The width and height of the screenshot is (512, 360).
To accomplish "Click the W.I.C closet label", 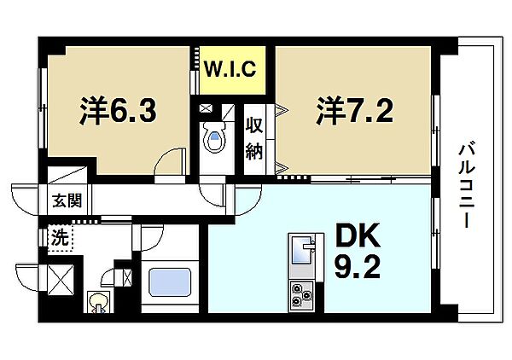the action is click(x=230, y=69).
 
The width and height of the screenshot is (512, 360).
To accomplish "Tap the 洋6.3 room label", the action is click(x=119, y=110).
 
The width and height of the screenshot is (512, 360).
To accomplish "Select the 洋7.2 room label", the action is click(x=354, y=110).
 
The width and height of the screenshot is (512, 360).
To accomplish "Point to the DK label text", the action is click(x=358, y=235).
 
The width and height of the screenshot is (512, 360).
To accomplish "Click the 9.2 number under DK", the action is click(x=358, y=266).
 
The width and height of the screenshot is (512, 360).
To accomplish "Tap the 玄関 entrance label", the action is click(x=67, y=200).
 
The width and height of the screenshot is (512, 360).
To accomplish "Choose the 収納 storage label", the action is click(x=254, y=138).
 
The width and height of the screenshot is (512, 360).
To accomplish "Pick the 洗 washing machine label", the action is click(x=61, y=238).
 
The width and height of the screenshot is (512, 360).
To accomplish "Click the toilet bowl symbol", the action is click(x=214, y=137).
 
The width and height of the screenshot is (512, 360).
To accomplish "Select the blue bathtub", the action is click(x=170, y=282).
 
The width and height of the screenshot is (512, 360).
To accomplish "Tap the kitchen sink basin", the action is click(x=302, y=250).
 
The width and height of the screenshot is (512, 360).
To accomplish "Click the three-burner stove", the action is click(x=301, y=296).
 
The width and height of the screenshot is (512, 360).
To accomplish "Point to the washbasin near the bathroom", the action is click(x=99, y=302).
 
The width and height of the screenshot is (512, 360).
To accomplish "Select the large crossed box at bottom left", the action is click(x=61, y=278).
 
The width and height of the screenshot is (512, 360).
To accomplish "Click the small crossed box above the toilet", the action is click(x=206, y=108).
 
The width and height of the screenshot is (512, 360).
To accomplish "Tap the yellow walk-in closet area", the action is click(x=232, y=70).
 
